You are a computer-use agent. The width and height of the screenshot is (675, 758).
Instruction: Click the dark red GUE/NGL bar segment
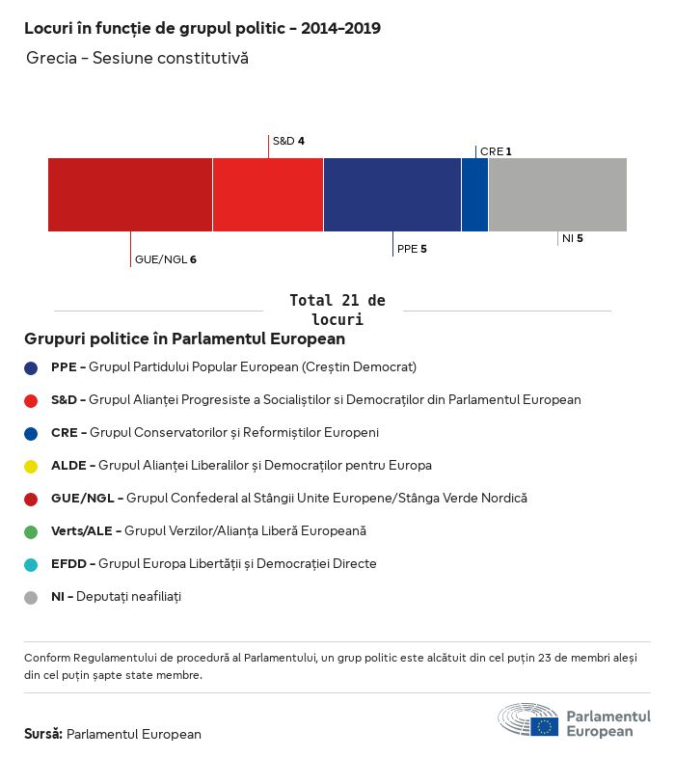[130, 195]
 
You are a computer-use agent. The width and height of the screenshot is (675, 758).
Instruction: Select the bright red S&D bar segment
[268, 195]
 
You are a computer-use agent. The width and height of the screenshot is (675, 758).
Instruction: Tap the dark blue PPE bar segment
[392, 195]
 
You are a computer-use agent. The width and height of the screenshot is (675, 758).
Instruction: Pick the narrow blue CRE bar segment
[474, 195]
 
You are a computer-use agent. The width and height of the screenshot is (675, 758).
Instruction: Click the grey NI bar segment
[557, 195]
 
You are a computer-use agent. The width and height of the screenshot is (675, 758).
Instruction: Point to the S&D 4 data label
[288, 141]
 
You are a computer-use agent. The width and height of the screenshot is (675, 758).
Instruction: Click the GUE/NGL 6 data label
[166, 259]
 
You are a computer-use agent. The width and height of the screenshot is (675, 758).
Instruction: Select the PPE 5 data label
[412, 249]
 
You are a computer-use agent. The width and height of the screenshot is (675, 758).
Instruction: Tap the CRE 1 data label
[496, 151]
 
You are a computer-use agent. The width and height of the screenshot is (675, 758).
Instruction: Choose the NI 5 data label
[573, 238]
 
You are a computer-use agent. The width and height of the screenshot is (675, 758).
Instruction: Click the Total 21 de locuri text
[337, 310]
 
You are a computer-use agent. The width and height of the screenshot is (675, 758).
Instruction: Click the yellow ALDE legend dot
[31, 466]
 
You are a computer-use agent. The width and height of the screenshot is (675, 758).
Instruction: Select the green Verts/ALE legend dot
[31, 531]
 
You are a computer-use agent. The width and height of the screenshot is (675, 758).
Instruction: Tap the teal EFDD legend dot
[31, 564]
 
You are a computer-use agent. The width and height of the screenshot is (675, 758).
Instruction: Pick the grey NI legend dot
[31, 597]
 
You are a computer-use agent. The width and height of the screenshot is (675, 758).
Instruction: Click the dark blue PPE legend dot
[31, 367]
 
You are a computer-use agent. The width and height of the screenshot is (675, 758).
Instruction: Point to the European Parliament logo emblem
[528, 720]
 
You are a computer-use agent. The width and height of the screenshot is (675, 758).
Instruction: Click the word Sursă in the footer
[43, 734]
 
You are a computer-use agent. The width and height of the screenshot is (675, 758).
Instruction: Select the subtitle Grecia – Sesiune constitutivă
[138, 59]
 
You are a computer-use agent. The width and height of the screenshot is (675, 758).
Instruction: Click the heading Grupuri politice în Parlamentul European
[184, 339]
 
